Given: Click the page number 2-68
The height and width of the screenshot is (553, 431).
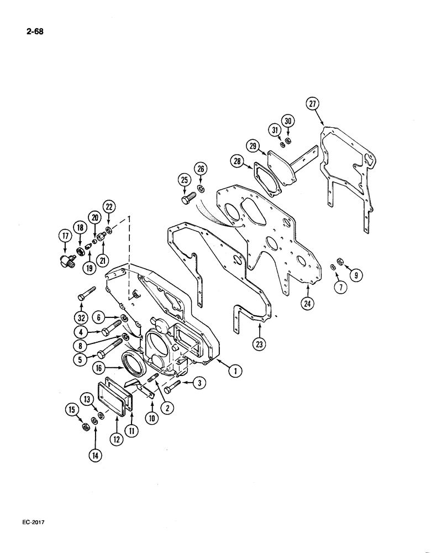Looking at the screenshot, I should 33,32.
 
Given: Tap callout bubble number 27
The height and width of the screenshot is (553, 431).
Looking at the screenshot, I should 313,105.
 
